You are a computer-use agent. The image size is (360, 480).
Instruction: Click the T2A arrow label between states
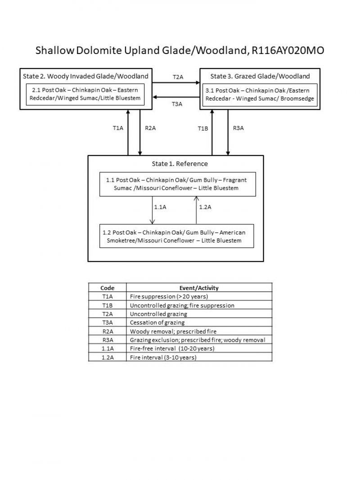(x=178, y=77)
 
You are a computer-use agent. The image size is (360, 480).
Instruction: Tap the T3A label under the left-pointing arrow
(x=177, y=104)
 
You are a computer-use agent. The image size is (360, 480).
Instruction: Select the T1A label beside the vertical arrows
(x=118, y=128)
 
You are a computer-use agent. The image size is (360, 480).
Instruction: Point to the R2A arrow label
(x=150, y=128)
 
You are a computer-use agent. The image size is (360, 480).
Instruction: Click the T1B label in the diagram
(x=203, y=129)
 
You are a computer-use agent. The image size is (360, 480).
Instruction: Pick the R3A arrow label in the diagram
(x=238, y=128)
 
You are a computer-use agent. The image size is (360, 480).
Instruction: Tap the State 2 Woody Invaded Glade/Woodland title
(x=85, y=76)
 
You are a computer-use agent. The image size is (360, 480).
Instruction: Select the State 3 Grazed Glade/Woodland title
(x=260, y=76)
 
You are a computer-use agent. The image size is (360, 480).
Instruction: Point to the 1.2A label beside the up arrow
(x=205, y=207)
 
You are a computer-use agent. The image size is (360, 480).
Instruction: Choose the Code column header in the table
(x=107, y=288)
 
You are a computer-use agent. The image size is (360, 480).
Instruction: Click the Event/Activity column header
(x=199, y=288)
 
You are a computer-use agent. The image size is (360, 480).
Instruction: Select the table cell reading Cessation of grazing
(x=157, y=323)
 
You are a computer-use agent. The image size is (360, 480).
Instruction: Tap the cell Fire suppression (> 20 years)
(x=169, y=296)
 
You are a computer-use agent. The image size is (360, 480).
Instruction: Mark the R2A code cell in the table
(x=107, y=331)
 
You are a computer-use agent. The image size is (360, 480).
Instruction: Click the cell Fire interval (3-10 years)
(x=163, y=357)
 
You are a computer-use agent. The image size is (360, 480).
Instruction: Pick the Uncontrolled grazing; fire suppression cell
(x=182, y=305)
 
